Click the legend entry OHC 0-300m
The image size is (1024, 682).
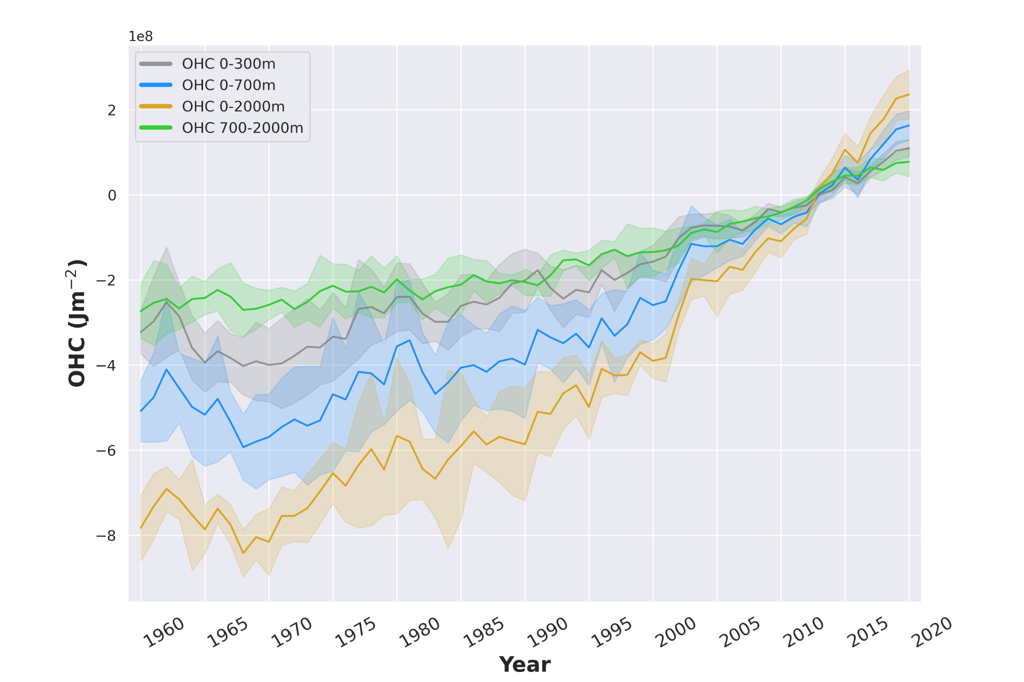228,64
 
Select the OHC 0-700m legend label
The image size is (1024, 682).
228,85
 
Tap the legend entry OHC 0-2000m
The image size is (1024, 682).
233,106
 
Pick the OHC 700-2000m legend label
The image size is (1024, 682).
242,128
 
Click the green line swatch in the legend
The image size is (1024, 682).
156,128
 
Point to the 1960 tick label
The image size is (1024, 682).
164,633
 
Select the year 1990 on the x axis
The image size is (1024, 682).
548,633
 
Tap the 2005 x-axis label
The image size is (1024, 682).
740,633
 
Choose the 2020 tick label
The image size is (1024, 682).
932,633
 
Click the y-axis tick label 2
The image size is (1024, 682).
112,110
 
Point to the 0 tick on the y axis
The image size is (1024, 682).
112,195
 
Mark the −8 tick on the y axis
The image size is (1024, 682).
106,536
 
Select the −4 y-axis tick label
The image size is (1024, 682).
106,366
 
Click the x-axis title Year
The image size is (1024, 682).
524,665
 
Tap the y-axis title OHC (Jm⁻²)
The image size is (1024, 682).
77,323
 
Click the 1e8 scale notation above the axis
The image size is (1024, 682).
140,36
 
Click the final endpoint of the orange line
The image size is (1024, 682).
908,94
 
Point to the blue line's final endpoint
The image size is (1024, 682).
908,125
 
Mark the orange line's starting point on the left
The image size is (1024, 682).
141,528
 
